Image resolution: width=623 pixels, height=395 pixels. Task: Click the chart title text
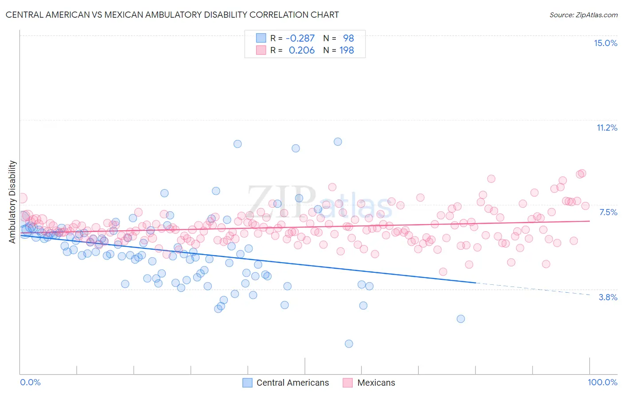point(172,15)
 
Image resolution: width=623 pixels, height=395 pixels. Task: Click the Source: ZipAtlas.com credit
point(583,15)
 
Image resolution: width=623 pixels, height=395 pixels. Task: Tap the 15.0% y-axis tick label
point(605,43)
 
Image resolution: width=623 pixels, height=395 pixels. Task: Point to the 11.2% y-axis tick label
point(607,128)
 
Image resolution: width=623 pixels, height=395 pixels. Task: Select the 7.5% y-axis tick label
point(608,212)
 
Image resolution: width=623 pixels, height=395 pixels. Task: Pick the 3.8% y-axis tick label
point(608,297)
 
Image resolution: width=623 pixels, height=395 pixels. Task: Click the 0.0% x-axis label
point(30,382)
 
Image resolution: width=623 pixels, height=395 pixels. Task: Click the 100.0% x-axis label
point(602,382)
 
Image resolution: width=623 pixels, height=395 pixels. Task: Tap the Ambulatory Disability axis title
point(12,201)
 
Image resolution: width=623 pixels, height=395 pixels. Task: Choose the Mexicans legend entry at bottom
point(376,383)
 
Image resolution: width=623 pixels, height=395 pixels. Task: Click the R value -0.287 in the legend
point(300,39)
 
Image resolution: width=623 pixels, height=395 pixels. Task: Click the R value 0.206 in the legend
point(301,50)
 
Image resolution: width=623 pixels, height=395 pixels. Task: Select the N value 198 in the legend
point(347,50)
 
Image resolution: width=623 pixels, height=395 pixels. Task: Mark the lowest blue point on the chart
point(349,344)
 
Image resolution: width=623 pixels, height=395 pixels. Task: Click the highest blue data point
point(338,142)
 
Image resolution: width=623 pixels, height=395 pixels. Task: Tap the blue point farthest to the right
point(461,319)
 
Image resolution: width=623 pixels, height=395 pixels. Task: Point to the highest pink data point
point(582,173)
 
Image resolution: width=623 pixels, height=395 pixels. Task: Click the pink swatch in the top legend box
point(261,50)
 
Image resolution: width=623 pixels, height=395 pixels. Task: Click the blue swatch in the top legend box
point(261,39)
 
